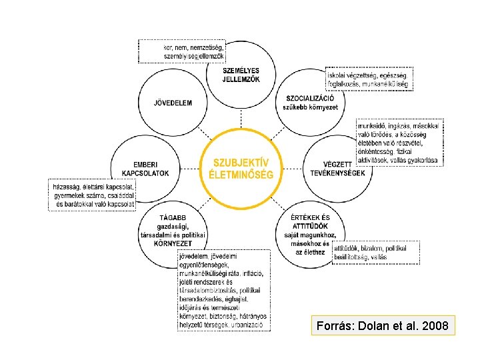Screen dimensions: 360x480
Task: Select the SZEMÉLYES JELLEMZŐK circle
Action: coord(241,75)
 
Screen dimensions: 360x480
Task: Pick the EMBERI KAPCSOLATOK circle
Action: coord(145,169)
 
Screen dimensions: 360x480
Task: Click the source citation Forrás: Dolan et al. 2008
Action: coord(383,326)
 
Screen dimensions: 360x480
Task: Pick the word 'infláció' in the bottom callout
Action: coord(253,273)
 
